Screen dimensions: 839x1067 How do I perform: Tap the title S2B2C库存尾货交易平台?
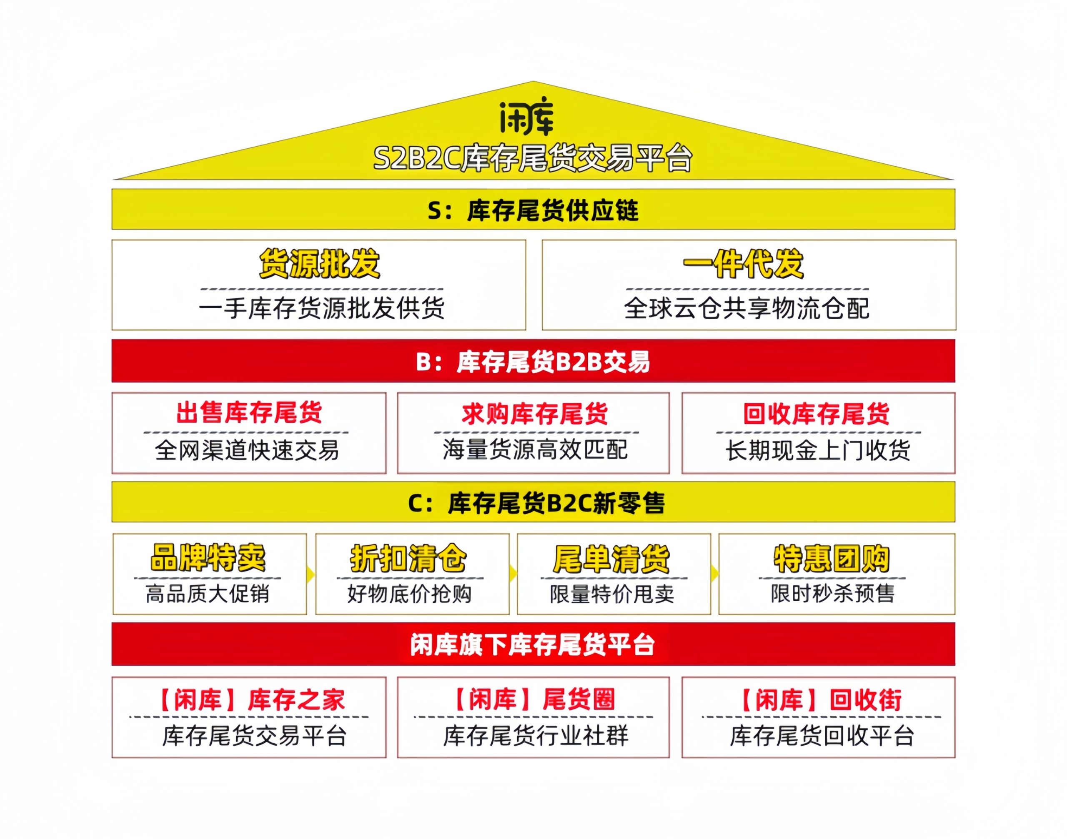(533, 158)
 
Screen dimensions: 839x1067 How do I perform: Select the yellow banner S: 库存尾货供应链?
(533, 210)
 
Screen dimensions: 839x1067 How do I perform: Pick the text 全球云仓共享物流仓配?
(746, 309)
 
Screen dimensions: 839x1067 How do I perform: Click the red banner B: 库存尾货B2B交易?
(533, 362)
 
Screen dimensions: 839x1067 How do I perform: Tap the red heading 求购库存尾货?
(535, 414)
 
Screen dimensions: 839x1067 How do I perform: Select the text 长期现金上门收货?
(818, 450)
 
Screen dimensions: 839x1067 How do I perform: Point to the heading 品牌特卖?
(208, 558)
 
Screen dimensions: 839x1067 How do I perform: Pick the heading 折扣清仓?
(408, 559)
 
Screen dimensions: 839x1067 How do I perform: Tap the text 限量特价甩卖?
(612, 594)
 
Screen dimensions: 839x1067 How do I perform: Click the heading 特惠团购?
(832, 559)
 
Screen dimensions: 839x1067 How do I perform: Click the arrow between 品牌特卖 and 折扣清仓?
(311, 574)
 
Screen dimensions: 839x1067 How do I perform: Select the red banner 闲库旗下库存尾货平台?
(533, 645)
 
